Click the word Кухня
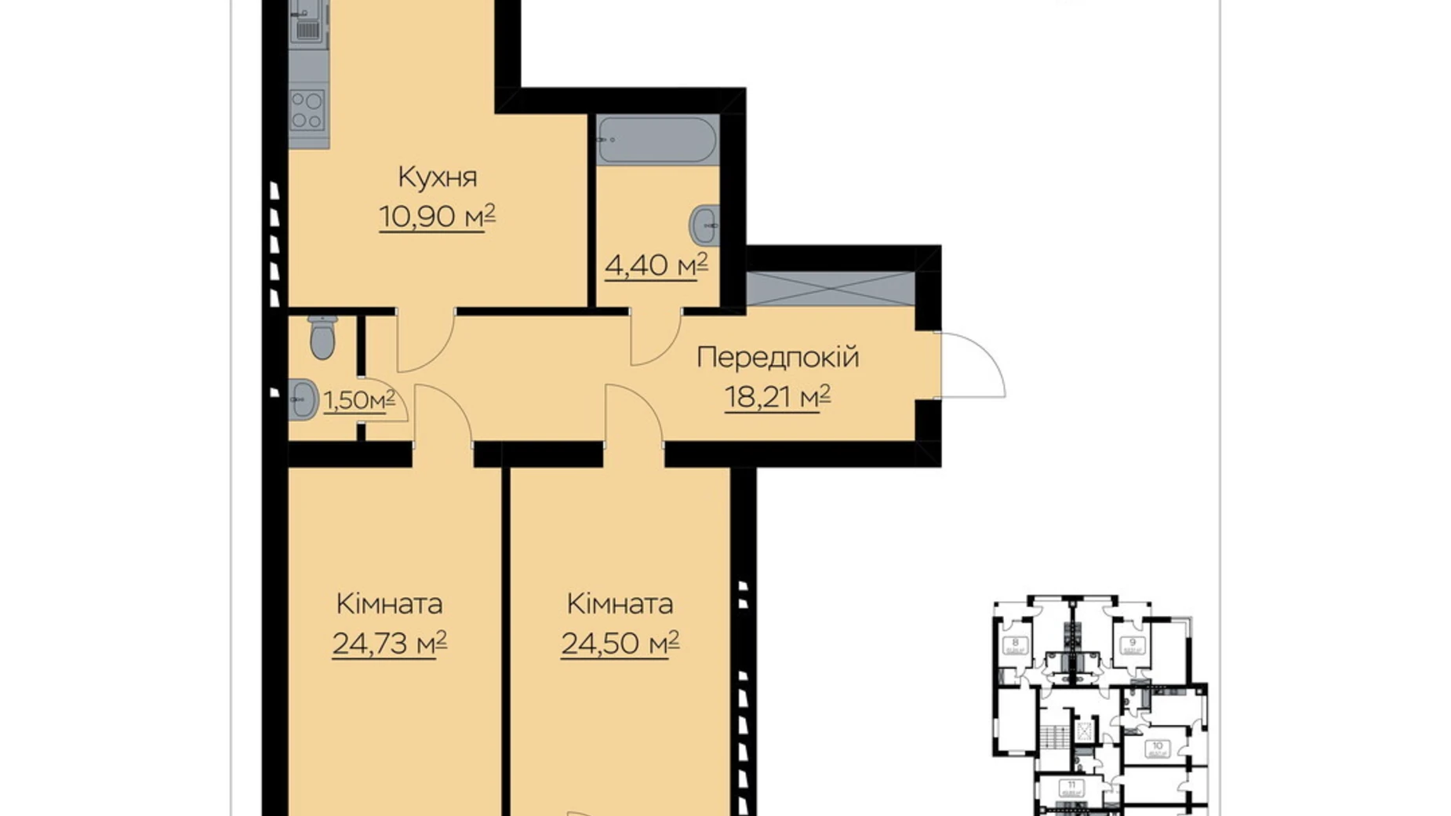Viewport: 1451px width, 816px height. click(437, 177)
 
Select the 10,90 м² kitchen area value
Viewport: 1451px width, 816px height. click(437, 216)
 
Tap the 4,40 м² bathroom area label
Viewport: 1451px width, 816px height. click(656, 264)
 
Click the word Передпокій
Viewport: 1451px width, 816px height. click(777, 358)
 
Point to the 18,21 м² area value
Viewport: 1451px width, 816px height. click(777, 397)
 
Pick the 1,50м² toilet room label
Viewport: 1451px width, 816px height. click(359, 400)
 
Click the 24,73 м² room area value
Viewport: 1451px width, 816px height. click(389, 643)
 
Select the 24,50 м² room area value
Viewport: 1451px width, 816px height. click(620, 643)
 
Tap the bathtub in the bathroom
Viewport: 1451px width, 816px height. click(656, 140)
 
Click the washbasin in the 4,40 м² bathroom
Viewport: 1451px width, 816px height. click(705, 225)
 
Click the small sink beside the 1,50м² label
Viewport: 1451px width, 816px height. click(302, 399)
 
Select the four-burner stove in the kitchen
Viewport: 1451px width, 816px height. click(307, 111)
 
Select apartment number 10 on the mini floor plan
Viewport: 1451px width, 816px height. click(1157, 747)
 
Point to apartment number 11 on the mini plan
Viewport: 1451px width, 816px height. click(1071, 785)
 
